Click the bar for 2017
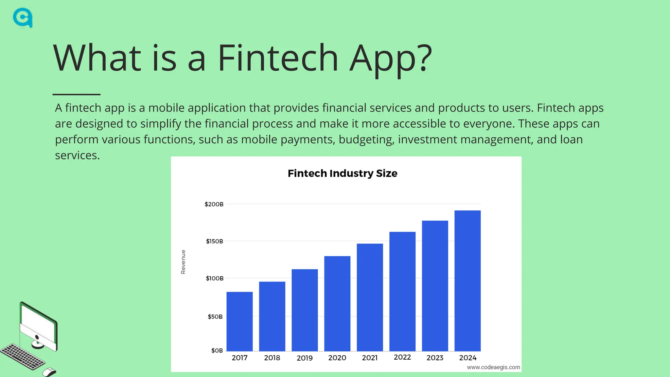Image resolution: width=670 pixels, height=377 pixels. [x=239, y=321]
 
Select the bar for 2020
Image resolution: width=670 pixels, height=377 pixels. [x=337, y=303]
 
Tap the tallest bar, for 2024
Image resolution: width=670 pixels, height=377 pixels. [x=467, y=280]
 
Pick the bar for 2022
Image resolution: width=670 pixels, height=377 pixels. [x=402, y=291]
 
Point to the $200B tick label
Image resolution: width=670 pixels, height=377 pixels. [x=214, y=204]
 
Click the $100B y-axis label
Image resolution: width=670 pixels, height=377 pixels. [x=215, y=278]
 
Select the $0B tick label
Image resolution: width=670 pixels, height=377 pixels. [x=217, y=350]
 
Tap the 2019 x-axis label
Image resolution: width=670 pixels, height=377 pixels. [x=305, y=358]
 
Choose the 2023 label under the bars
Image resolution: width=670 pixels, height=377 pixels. [x=435, y=358]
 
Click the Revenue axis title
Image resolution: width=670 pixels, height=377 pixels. [x=183, y=262]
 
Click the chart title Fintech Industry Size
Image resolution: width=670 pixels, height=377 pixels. [x=343, y=173]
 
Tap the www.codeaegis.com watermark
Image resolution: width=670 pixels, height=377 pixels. [x=493, y=367]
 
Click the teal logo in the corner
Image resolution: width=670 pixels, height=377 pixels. [x=23, y=18]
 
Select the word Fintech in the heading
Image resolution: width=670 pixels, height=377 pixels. [x=278, y=58]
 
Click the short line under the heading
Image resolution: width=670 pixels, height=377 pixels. [x=76, y=94]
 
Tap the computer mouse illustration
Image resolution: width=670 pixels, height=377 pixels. [x=49, y=372]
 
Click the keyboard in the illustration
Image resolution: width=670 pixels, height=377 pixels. [x=22, y=356]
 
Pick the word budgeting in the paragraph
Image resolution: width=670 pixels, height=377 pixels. [x=366, y=140]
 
